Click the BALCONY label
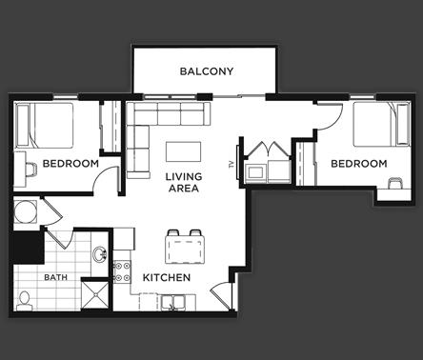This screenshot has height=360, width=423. point(207,71)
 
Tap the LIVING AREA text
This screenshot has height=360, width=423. point(183,183)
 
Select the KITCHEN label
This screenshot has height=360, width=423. point(167,277)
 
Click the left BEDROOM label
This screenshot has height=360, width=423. point(70,164)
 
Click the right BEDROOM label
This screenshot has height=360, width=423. point(358,164)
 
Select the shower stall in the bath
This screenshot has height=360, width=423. point(93,294)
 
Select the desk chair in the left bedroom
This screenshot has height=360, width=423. point(29,169)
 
